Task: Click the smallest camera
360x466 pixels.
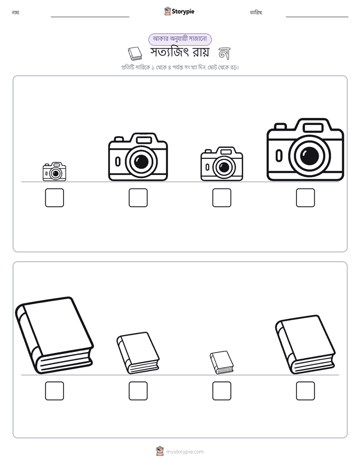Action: pos(54,171)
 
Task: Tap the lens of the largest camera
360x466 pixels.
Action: pos(310,155)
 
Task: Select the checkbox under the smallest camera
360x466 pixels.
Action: pos(54,198)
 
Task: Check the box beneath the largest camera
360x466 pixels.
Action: pos(306,198)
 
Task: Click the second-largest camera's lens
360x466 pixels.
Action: pos(141,162)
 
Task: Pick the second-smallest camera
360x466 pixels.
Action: pos(221,164)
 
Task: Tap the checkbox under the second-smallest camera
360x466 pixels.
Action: pos(221,198)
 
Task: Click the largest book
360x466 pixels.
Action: pos(54,335)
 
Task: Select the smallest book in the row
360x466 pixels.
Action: pos(221,362)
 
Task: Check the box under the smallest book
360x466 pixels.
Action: pos(221,391)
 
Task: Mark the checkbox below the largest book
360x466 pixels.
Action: pos(54,391)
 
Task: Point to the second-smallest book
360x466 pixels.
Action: pos(138,353)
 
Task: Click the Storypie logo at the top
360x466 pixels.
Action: pos(179,11)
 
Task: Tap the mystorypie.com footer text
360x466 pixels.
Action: pos(185,452)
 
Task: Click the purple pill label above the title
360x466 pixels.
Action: pos(180,39)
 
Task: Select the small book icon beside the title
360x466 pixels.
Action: pos(135,53)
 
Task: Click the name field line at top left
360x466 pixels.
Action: pos(90,17)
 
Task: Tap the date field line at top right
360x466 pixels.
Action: pos(317,17)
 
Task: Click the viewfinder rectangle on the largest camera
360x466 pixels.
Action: pos(313,128)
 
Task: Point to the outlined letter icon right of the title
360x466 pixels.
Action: pos(224,53)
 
